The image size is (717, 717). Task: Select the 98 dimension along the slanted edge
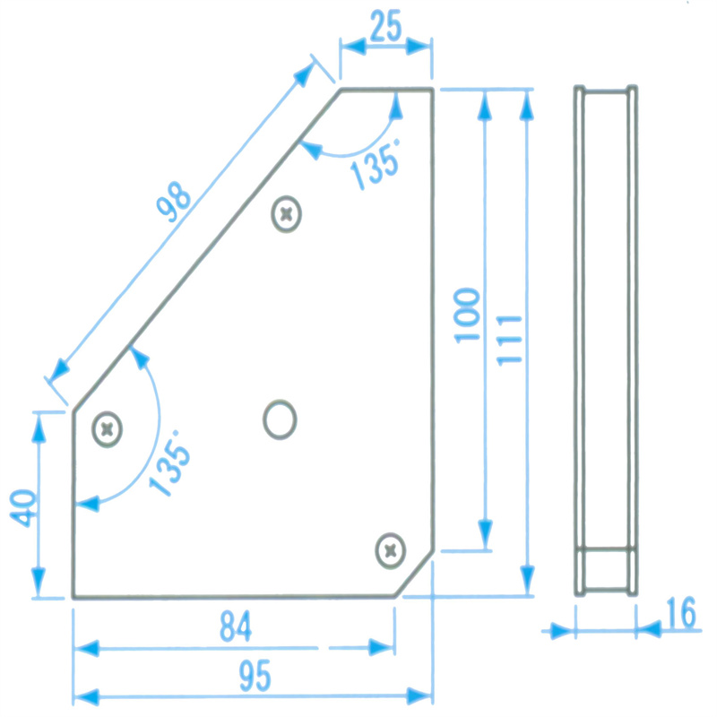[x=173, y=203]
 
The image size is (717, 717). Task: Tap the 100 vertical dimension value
[x=466, y=315]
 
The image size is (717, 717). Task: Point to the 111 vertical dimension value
[x=508, y=338]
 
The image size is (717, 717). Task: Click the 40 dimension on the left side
[x=24, y=508]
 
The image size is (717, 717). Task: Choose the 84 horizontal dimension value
[x=236, y=626]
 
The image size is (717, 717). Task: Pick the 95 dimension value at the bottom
[x=255, y=677]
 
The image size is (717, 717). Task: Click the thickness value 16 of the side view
[x=680, y=614]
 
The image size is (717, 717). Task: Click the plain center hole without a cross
[x=280, y=419]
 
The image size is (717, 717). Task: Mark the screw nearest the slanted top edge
[x=287, y=214]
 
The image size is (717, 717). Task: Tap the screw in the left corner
[x=108, y=429]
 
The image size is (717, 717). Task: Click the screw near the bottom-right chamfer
[x=390, y=549]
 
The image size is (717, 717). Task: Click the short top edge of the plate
[x=386, y=90]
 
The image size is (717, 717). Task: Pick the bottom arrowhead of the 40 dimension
[x=38, y=586]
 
